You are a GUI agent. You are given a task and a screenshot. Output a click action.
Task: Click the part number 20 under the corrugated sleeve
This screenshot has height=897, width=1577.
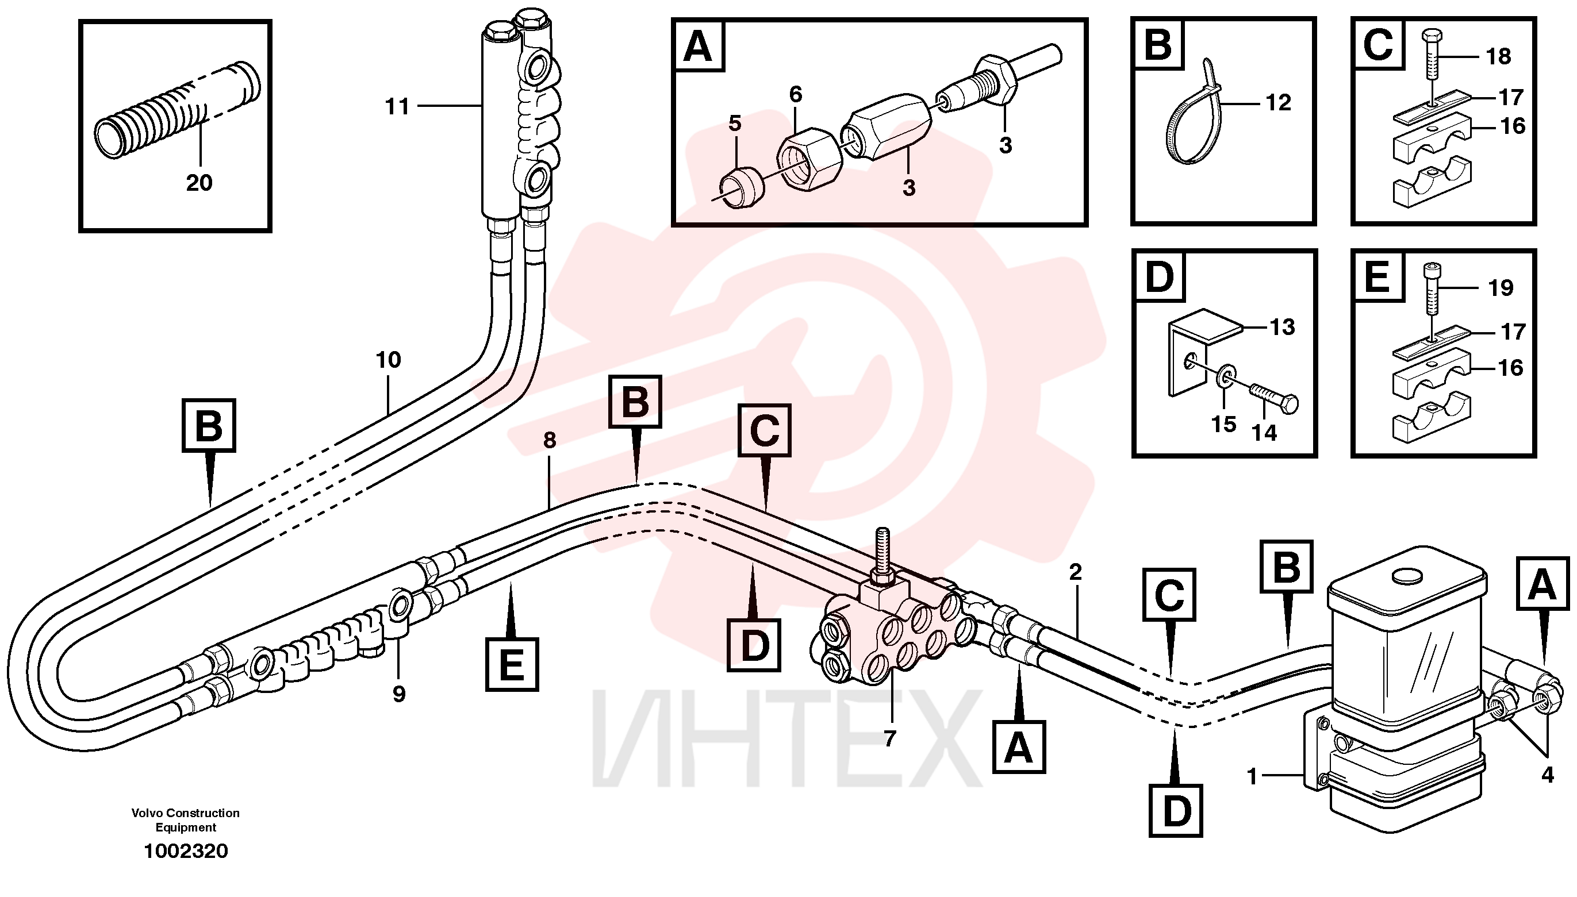click(x=199, y=182)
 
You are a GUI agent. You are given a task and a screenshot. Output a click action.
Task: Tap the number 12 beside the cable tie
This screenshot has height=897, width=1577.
click(x=1278, y=102)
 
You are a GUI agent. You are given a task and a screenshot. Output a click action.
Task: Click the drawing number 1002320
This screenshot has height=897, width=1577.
click(x=186, y=852)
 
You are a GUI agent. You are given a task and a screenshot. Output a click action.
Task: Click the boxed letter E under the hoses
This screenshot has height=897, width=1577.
click(x=512, y=665)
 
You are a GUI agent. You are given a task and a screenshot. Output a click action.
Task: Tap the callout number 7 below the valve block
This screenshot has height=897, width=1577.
click(x=889, y=738)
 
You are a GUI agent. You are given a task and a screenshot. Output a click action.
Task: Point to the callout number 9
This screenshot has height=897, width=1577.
click(x=399, y=694)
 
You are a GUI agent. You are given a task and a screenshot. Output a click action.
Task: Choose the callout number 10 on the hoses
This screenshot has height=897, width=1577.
click(x=388, y=360)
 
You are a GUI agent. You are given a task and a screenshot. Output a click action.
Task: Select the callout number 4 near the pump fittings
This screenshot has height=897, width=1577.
click(x=1548, y=775)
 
